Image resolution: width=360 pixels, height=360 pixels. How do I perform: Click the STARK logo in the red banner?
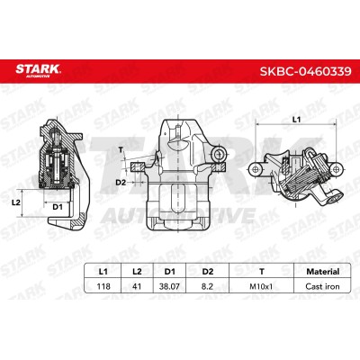38,71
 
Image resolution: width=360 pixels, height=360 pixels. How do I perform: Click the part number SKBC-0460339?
305,71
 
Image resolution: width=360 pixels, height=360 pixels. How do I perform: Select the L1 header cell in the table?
103,272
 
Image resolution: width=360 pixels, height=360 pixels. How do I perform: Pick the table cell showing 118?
103,286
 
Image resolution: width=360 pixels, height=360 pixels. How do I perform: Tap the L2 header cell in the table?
137,272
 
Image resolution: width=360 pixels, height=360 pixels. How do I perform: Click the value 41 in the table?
137,286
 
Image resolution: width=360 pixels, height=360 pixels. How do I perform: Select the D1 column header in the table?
170,272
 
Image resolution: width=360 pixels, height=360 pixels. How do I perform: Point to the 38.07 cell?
170,286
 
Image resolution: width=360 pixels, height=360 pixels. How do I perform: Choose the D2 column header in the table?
207,272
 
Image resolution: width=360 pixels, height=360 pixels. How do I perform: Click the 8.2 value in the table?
207,286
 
